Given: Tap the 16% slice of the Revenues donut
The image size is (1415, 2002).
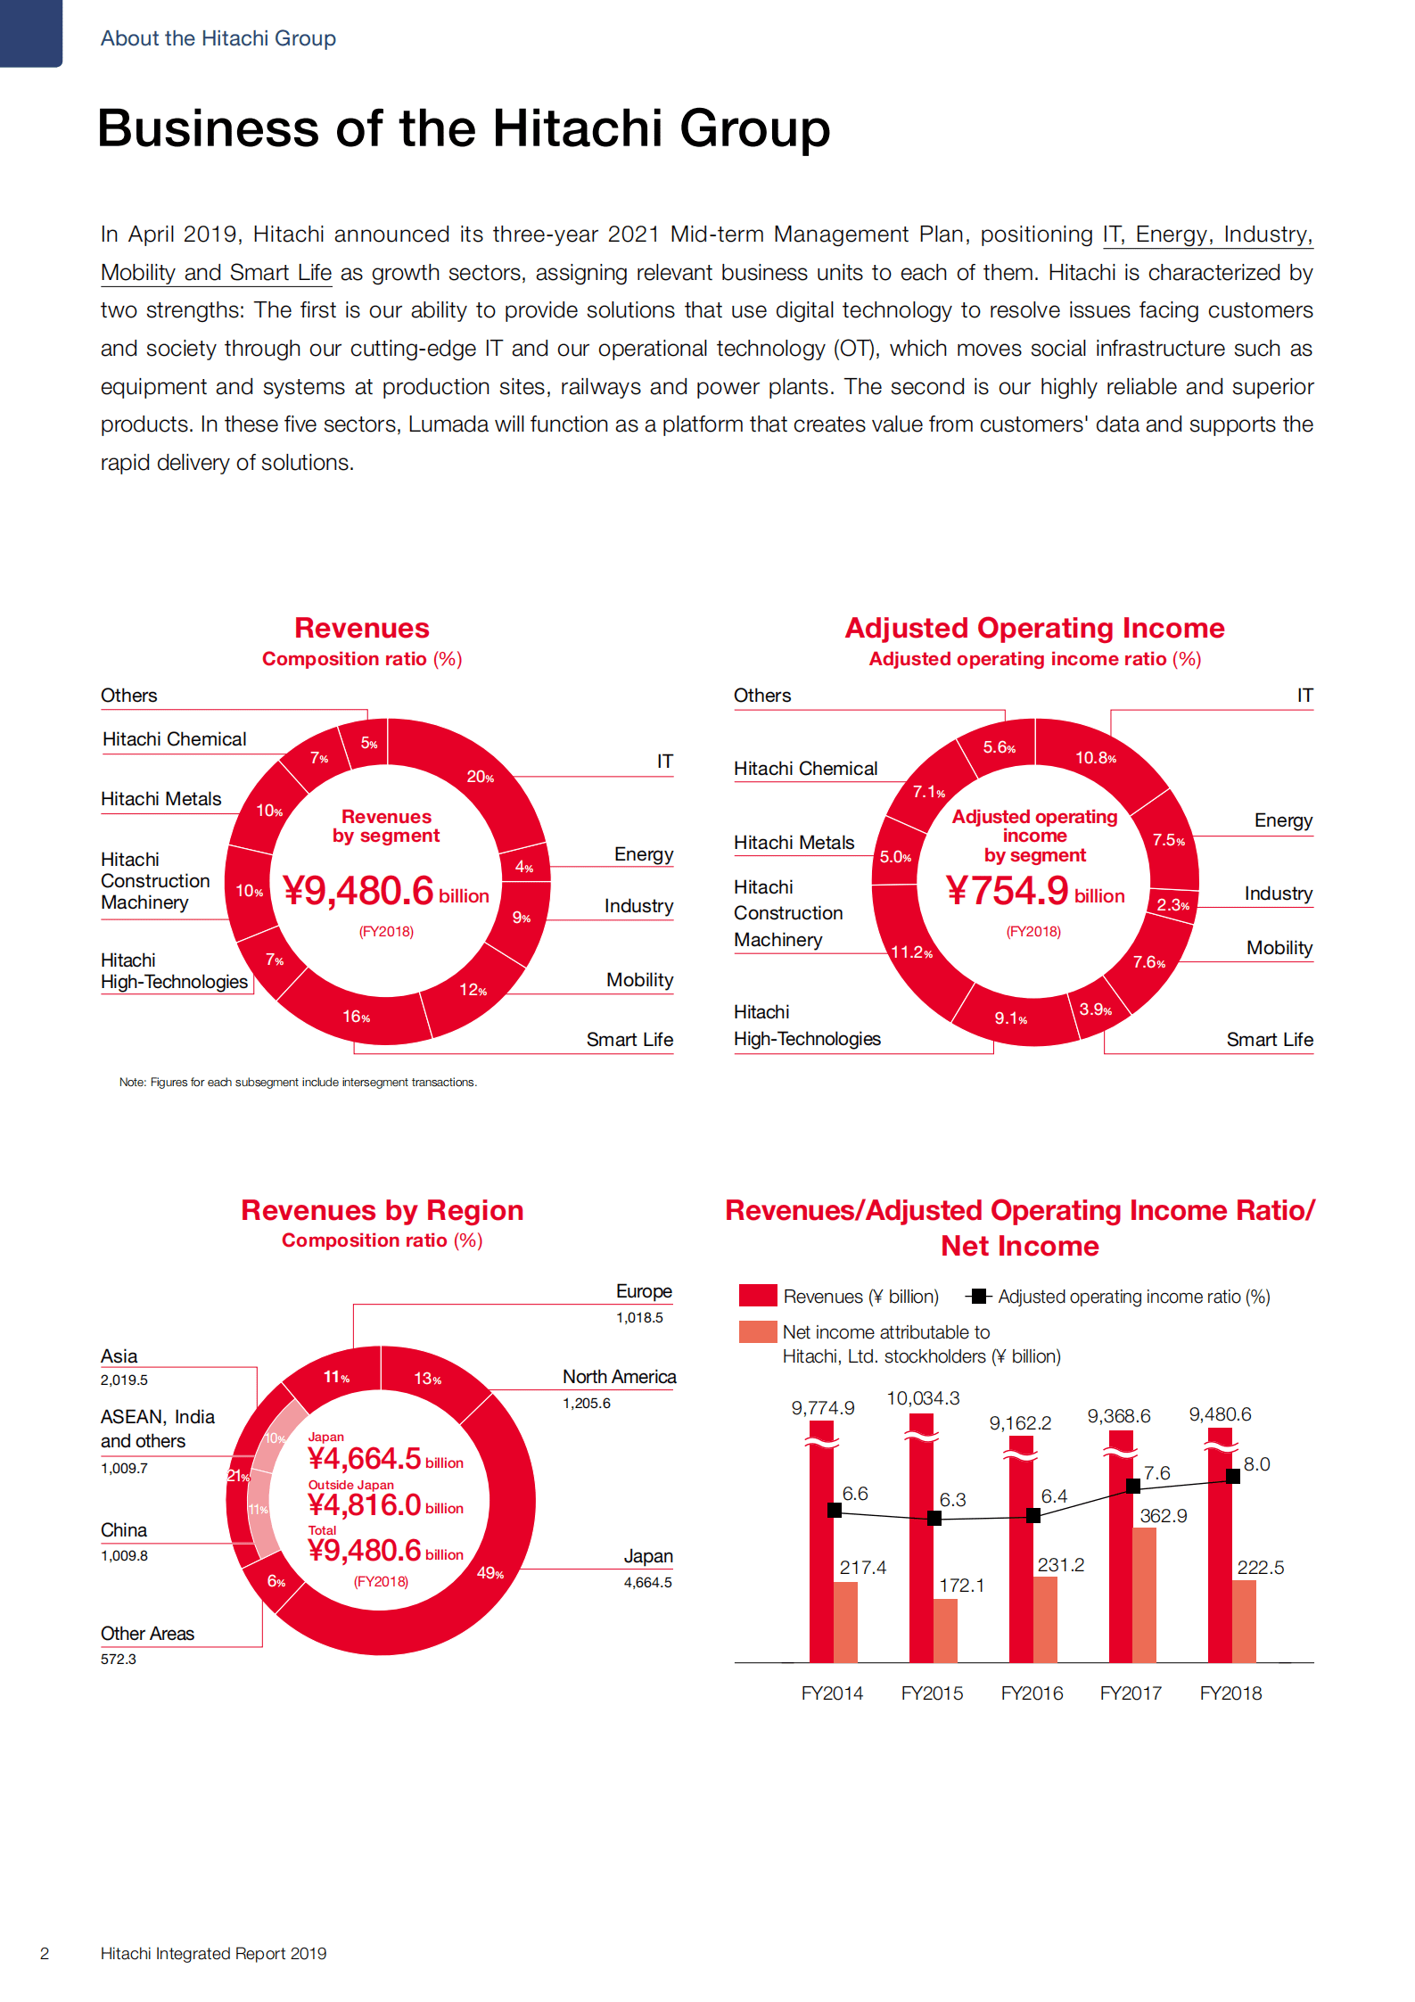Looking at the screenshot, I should click(357, 1016).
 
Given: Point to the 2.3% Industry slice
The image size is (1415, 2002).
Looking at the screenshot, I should click(1172, 903).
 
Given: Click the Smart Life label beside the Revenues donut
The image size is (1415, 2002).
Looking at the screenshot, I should click(629, 1039).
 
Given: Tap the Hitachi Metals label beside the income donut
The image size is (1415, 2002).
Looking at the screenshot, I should click(794, 842).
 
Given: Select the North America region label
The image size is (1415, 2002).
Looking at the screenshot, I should click(619, 1376).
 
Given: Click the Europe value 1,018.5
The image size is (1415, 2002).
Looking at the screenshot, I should click(639, 1317).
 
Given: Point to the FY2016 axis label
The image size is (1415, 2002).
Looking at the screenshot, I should click(1032, 1693).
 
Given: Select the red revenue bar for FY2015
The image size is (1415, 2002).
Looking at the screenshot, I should click(921, 1552).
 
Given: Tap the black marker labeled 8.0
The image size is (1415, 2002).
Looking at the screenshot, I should click(1233, 1476).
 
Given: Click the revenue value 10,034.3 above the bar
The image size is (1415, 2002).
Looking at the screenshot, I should click(923, 1397).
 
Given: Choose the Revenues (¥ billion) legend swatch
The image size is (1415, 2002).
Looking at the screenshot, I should click(758, 1296).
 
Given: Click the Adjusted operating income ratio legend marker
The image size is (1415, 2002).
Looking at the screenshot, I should click(978, 1296).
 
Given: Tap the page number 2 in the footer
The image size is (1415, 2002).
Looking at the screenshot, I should click(45, 1953).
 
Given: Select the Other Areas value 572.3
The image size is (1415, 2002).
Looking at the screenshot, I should click(119, 1659).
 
